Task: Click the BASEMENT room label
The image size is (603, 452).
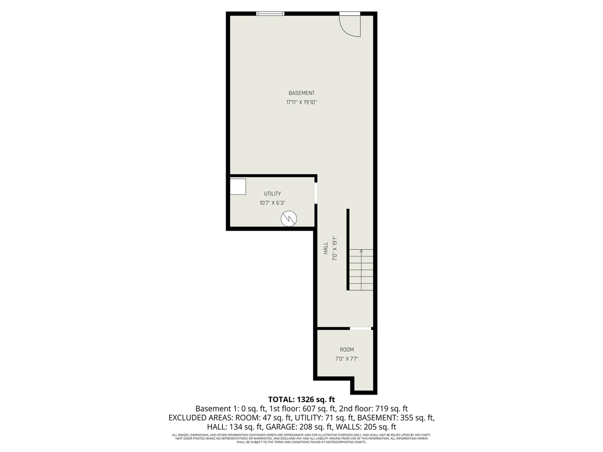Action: pos(301,93)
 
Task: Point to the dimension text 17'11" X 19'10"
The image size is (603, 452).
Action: pos(301,102)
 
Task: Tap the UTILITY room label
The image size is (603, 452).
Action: pos(272,194)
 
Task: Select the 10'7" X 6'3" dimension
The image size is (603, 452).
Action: pos(272,203)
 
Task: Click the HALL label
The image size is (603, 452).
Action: pos(326,248)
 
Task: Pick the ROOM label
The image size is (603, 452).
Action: pos(347,350)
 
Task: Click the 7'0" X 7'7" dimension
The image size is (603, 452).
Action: pos(347,359)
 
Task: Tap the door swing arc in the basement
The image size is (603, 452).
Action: pos(351,26)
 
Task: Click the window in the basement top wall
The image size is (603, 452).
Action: pos(270,14)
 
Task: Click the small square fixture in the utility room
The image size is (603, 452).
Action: pos(238,186)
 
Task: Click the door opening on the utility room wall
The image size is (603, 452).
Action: pos(316,193)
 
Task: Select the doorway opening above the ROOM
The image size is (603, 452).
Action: pos(360,328)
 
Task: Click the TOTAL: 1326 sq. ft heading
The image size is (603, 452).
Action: pos(301,400)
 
